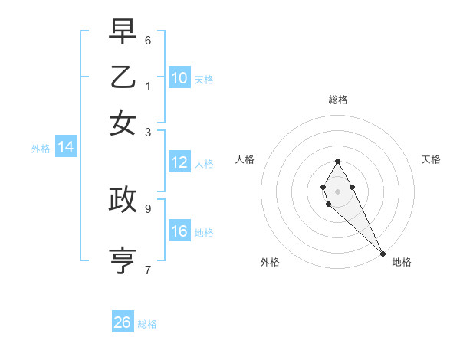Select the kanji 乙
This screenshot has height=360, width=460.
coord(123,78)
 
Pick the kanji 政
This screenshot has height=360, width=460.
coord(123,199)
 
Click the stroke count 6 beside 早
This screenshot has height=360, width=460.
coord(148,40)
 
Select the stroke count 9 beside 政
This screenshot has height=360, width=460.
coord(148,207)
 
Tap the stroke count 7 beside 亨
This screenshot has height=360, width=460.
coord(148,268)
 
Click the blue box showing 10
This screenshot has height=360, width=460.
coord(179,78)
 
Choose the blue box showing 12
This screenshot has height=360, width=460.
coord(179,162)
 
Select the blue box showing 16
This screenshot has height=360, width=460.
coord(179,231)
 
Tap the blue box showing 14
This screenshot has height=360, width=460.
coord(66,148)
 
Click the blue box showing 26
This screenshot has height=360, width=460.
coord(123,322)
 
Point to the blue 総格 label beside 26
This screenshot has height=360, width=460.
coord(147,324)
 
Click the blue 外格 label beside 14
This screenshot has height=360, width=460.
coord(41,149)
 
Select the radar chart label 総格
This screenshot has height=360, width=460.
coord(338,100)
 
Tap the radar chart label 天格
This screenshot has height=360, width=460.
coord(431,159)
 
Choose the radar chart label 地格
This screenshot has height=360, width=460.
coord(402,262)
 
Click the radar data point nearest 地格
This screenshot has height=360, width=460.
coord(383,254)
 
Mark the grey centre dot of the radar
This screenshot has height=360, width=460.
coord(337,190)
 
